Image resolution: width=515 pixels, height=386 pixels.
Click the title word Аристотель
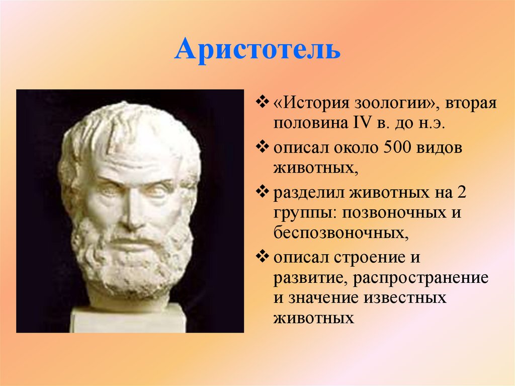click(x=257, y=50)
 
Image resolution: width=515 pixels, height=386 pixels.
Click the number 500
click(x=396, y=148)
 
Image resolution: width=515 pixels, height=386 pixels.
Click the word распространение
click(x=421, y=278)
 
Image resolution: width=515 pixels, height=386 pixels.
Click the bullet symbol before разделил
click(x=264, y=193)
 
